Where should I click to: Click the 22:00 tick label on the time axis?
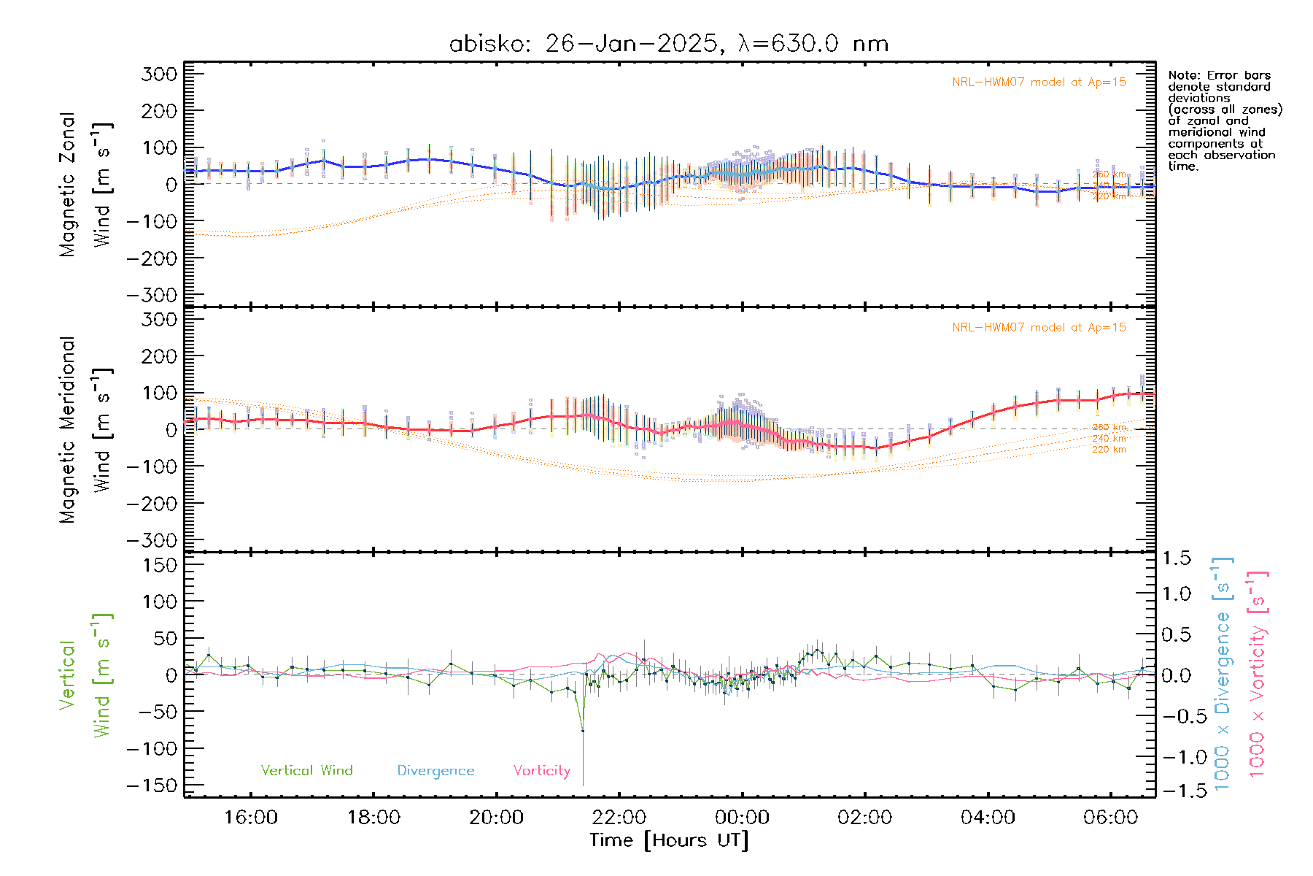tap(619, 818)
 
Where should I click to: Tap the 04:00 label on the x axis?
tap(988, 818)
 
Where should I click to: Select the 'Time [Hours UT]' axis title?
tap(669, 840)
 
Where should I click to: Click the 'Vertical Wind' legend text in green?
tap(306, 771)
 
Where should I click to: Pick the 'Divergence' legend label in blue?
tap(435, 771)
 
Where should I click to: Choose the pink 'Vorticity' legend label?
tap(541, 771)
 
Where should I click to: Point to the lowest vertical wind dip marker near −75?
tap(582, 730)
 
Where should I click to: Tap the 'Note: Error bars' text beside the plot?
tap(1219, 75)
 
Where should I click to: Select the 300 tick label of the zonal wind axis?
tap(159, 74)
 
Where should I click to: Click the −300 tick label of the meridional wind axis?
tap(152, 540)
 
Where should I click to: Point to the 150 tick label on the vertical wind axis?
tap(159, 565)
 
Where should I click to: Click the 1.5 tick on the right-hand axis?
tap(1177, 558)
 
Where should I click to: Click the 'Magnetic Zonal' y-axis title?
tap(68, 185)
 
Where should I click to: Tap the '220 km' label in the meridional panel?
tap(1109, 450)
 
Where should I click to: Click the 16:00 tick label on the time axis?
tap(250, 818)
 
